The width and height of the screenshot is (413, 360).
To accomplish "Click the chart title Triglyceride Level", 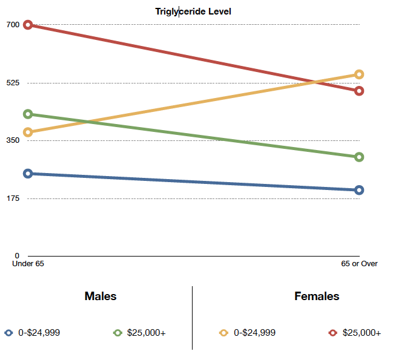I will click(x=193, y=11).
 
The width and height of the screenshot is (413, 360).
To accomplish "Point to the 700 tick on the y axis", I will click(x=13, y=25).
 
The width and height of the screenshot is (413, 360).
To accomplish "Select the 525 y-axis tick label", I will click(x=13, y=82).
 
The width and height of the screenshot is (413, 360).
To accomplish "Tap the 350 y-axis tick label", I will click(x=13, y=140).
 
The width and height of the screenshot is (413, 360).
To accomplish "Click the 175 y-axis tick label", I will click(x=13, y=198).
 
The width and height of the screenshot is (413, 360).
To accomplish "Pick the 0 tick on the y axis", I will click(x=17, y=256).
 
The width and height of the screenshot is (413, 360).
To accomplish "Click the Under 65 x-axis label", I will click(x=28, y=264).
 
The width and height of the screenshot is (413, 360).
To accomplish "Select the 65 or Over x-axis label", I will click(x=359, y=264).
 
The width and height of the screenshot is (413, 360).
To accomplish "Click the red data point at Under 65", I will click(x=28, y=25).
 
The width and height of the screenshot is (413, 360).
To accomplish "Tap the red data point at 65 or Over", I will click(x=359, y=91).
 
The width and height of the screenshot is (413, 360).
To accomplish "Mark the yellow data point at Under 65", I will click(x=28, y=133).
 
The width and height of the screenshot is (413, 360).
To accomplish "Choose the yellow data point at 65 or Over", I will click(x=359, y=74).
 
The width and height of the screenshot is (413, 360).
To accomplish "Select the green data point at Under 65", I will click(x=28, y=114).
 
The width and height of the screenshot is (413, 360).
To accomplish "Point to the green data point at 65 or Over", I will click(x=359, y=157).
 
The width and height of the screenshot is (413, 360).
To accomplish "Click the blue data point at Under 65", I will click(x=28, y=174).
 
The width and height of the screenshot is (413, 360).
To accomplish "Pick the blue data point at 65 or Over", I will click(x=359, y=190).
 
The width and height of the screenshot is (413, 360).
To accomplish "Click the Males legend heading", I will click(x=101, y=296).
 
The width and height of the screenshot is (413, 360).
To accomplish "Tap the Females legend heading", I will click(x=317, y=296).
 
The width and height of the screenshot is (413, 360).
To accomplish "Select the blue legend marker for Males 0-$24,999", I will click(x=8, y=332).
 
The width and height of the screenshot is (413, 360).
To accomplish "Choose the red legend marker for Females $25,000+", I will click(x=332, y=332).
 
